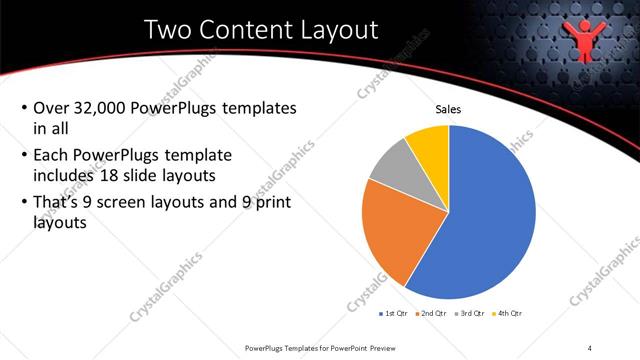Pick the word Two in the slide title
pyautogui.click(x=168, y=30)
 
